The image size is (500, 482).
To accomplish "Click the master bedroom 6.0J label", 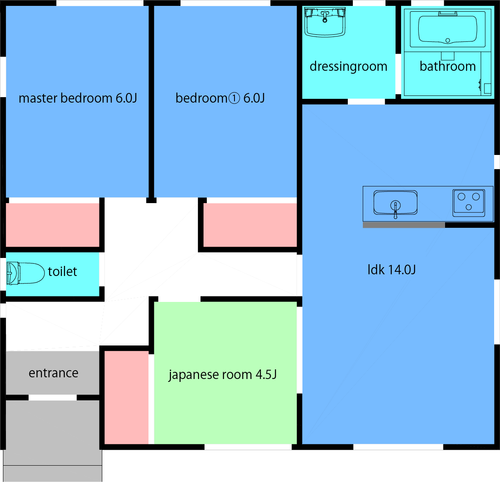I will tap(78, 98).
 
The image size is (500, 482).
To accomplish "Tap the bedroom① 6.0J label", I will tap(220, 98).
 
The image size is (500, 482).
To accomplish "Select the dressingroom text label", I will tap(348, 66).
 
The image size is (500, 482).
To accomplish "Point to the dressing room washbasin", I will tap(325, 23).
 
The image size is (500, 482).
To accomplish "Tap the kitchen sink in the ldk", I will tap(395, 202).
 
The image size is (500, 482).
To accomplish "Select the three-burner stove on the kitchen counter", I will tap(469, 202).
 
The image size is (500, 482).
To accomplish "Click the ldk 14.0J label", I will tap(391, 270).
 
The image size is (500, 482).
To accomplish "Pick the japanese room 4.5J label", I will tap(222, 374).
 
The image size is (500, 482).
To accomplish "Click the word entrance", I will tap(53, 373).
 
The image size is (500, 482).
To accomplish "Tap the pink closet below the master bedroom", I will tap(52, 225).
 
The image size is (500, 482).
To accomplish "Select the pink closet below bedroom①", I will tap(250, 225).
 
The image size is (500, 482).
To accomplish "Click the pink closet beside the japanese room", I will tap(126, 397).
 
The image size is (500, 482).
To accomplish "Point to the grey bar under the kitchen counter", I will tap(404, 225).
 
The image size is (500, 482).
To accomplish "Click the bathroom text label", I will tap(447, 66).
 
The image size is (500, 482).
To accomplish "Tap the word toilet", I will tap(62, 271).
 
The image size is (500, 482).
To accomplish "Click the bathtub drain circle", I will tap(448, 41).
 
